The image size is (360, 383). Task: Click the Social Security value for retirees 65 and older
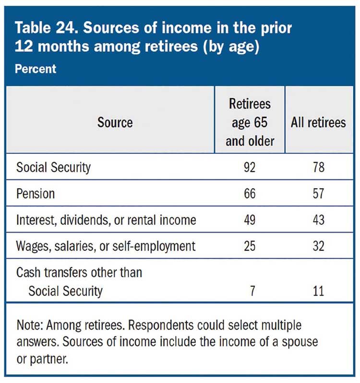click(x=250, y=168)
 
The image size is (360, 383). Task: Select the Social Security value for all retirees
click(x=318, y=168)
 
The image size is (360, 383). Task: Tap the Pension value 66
click(x=250, y=194)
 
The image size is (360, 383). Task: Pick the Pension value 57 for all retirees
click(x=318, y=194)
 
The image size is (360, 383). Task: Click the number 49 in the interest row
click(x=250, y=220)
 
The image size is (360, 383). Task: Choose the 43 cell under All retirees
click(x=318, y=220)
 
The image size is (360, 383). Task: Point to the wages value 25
click(x=250, y=246)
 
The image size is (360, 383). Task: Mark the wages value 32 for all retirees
click(x=318, y=246)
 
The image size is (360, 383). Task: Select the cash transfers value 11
click(x=318, y=291)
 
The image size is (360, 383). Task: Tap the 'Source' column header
click(x=115, y=122)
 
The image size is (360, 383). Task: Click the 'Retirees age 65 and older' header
click(x=250, y=122)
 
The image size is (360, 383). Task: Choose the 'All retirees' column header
click(x=318, y=122)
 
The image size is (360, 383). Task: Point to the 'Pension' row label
click(x=36, y=194)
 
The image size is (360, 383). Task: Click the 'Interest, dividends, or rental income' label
click(x=106, y=220)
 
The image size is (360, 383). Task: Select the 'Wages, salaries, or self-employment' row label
click(x=106, y=246)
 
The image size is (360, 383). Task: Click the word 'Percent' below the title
click(x=36, y=69)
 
